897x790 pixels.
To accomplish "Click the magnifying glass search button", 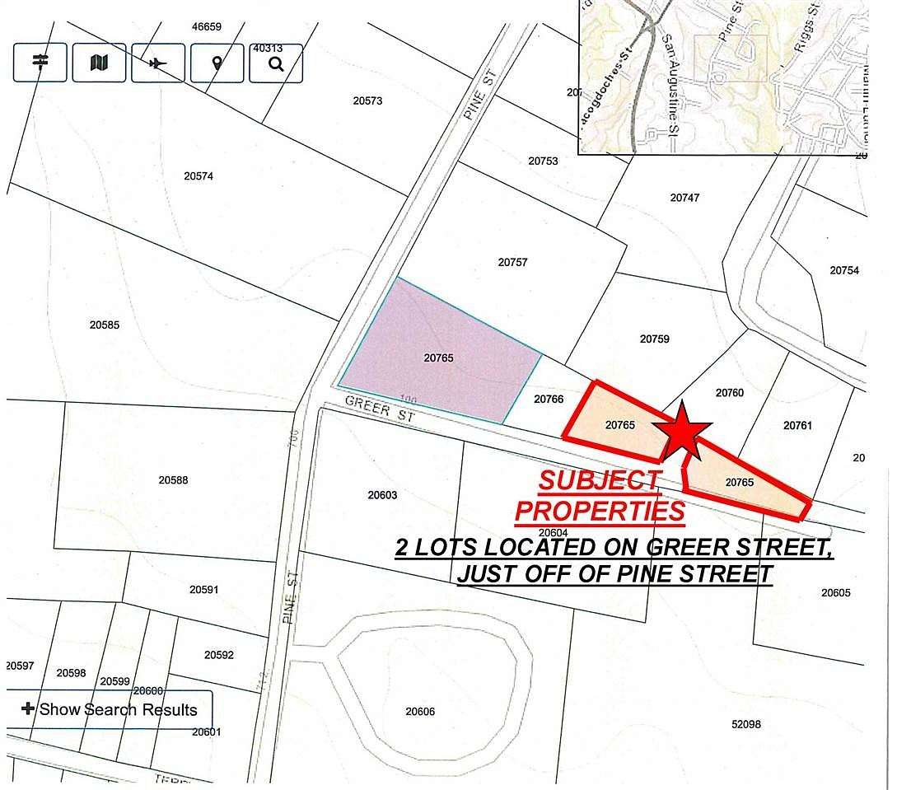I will (276, 63).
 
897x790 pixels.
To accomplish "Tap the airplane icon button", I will (158, 63).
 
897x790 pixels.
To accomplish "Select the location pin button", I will (217, 63).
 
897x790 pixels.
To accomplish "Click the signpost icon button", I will (40, 63).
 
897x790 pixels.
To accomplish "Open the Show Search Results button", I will (110, 709).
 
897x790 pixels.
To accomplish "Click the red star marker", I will (682, 428).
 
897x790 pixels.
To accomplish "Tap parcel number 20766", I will (549, 399).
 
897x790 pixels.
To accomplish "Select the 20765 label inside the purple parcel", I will (439, 358).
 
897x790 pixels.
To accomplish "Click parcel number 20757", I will (512, 263).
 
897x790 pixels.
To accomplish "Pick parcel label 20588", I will (174, 479).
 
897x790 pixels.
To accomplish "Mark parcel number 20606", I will (420, 712).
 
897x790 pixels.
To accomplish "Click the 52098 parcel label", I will (745, 724).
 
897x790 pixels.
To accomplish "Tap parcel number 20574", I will (199, 175).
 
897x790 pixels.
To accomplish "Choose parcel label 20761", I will (797, 426).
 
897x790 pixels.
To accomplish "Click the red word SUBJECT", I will (599, 480).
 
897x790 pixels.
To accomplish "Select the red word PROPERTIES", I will (600, 511).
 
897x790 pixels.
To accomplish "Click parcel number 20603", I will (382, 495).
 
